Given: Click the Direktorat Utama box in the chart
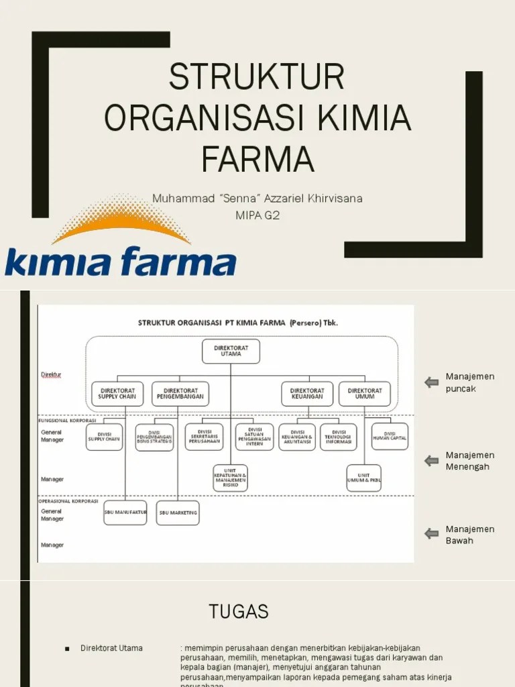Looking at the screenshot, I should pos(231,351).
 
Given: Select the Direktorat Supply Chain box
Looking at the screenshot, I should pos(117,393).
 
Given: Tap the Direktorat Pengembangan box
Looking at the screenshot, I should pos(179,393).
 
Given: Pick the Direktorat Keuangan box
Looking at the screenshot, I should pos(306,393).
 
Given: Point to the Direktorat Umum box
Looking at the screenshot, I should pos(365,393).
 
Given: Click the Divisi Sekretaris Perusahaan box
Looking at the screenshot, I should pos(204,436).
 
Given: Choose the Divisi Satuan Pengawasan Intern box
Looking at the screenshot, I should pos(254,437).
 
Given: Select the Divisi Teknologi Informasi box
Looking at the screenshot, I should pos(339,437).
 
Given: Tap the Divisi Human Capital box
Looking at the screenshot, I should pos(390,436).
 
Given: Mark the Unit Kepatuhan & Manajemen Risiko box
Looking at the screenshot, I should pos(231,478).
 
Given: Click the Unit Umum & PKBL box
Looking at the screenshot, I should pos(364,478).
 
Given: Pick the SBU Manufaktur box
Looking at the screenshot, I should pos(125,513).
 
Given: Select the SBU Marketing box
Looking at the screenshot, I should pos(178,513).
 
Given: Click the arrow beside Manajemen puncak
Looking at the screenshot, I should pos(431,382).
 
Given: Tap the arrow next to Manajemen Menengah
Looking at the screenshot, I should pos(431,461).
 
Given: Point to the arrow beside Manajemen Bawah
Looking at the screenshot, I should pos(431,534).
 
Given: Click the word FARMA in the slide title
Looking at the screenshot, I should pos(257,159).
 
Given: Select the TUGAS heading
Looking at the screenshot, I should pos(238,611).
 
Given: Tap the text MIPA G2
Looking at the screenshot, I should pos(257,215).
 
